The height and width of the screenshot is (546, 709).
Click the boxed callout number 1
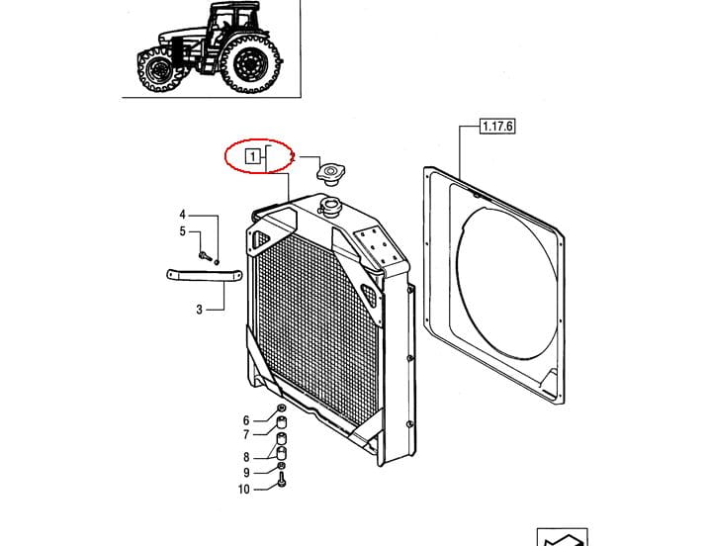click(254, 156)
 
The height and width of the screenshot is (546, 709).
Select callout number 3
click(199, 310)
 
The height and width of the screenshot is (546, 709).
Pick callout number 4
click(182, 215)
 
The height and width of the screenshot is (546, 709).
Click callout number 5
click(182, 232)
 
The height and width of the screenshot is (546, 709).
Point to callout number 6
click(246, 420)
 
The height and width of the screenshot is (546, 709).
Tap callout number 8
click(246, 457)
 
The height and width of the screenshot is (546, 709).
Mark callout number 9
click(246, 472)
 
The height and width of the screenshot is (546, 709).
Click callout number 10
click(244, 489)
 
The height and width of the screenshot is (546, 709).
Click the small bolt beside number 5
click(204, 255)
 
